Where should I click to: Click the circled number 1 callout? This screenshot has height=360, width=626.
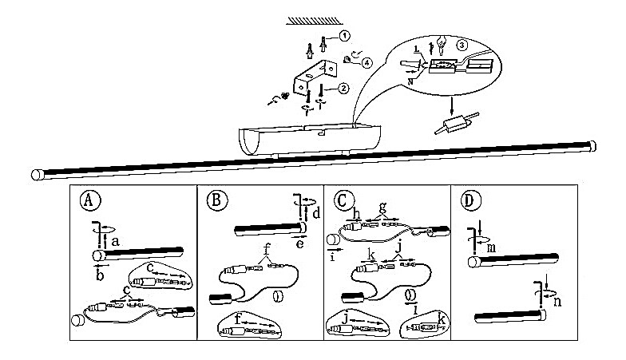[x=343, y=37]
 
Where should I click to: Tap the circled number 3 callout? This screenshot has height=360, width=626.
[x=462, y=45]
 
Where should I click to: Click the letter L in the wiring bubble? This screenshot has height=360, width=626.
[x=418, y=52]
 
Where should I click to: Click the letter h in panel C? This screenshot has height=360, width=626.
[x=357, y=212]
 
